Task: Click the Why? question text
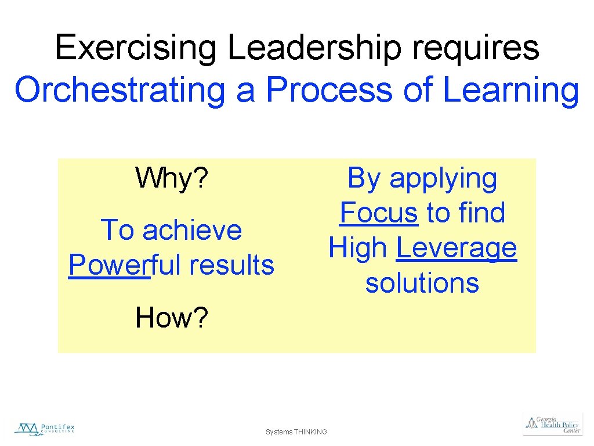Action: pyautogui.click(x=171, y=178)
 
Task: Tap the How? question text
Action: pyautogui.click(x=171, y=318)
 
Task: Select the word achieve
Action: pyautogui.click(x=191, y=230)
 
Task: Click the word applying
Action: pyautogui.click(x=443, y=179)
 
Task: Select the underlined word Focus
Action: pyautogui.click(x=379, y=213)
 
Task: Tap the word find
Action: pyautogui.click(x=481, y=213)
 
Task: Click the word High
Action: pyautogui.click(x=358, y=248)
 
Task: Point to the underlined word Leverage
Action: pyautogui.click(x=457, y=249)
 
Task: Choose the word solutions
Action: pyautogui.click(x=422, y=283)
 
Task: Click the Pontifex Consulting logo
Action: pyautogui.click(x=45, y=429)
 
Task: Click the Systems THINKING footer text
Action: pyautogui.click(x=296, y=432)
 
